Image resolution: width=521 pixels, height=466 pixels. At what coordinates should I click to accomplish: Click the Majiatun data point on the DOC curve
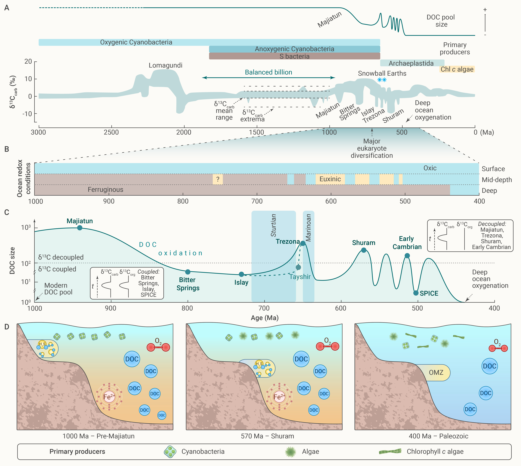coord(80,228)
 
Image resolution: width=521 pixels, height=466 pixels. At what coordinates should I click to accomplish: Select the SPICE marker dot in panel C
coord(416,293)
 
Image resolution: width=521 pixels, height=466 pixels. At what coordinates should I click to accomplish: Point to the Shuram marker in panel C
coord(364,250)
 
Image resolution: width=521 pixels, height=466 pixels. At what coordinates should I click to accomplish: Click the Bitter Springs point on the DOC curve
coord(188,272)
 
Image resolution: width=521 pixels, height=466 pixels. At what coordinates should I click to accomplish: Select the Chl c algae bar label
coord(457,69)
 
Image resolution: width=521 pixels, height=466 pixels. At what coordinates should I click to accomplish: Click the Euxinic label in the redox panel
coord(330,179)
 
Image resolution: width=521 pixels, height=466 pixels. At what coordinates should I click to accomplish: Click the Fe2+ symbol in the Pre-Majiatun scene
coord(109,397)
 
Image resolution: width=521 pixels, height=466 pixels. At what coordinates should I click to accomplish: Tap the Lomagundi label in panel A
coord(165,65)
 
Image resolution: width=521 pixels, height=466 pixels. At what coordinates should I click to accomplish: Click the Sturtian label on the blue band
coord(273,225)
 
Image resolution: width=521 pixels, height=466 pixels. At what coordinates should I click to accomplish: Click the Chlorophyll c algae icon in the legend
coord(390,451)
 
